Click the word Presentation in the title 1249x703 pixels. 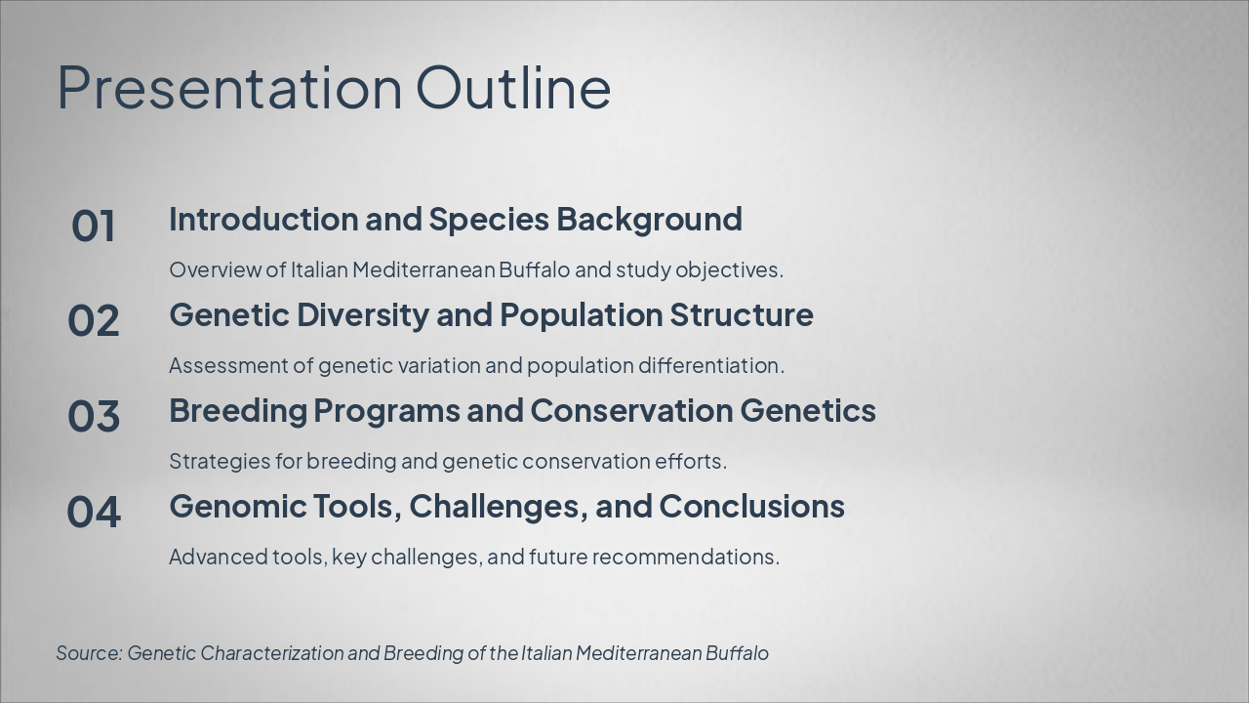coord(229,88)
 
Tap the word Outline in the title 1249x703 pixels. coord(513,87)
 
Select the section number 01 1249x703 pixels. coord(93,226)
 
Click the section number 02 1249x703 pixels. coord(93,321)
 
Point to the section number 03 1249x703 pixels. coord(93,416)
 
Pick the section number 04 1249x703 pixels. coord(93,512)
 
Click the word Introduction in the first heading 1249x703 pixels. coord(263,219)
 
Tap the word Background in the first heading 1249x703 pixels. coord(649,220)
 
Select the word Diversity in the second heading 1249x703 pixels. coord(363,315)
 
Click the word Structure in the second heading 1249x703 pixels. coord(741,315)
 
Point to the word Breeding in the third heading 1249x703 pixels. coord(238,411)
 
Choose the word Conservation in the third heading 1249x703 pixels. coord(631,411)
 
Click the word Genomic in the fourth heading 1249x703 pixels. coord(238,507)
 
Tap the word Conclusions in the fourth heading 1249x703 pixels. coord(751,507)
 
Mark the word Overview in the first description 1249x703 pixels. coord(216,270)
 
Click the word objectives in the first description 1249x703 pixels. coord(729,271)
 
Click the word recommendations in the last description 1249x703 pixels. coord(685,558)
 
